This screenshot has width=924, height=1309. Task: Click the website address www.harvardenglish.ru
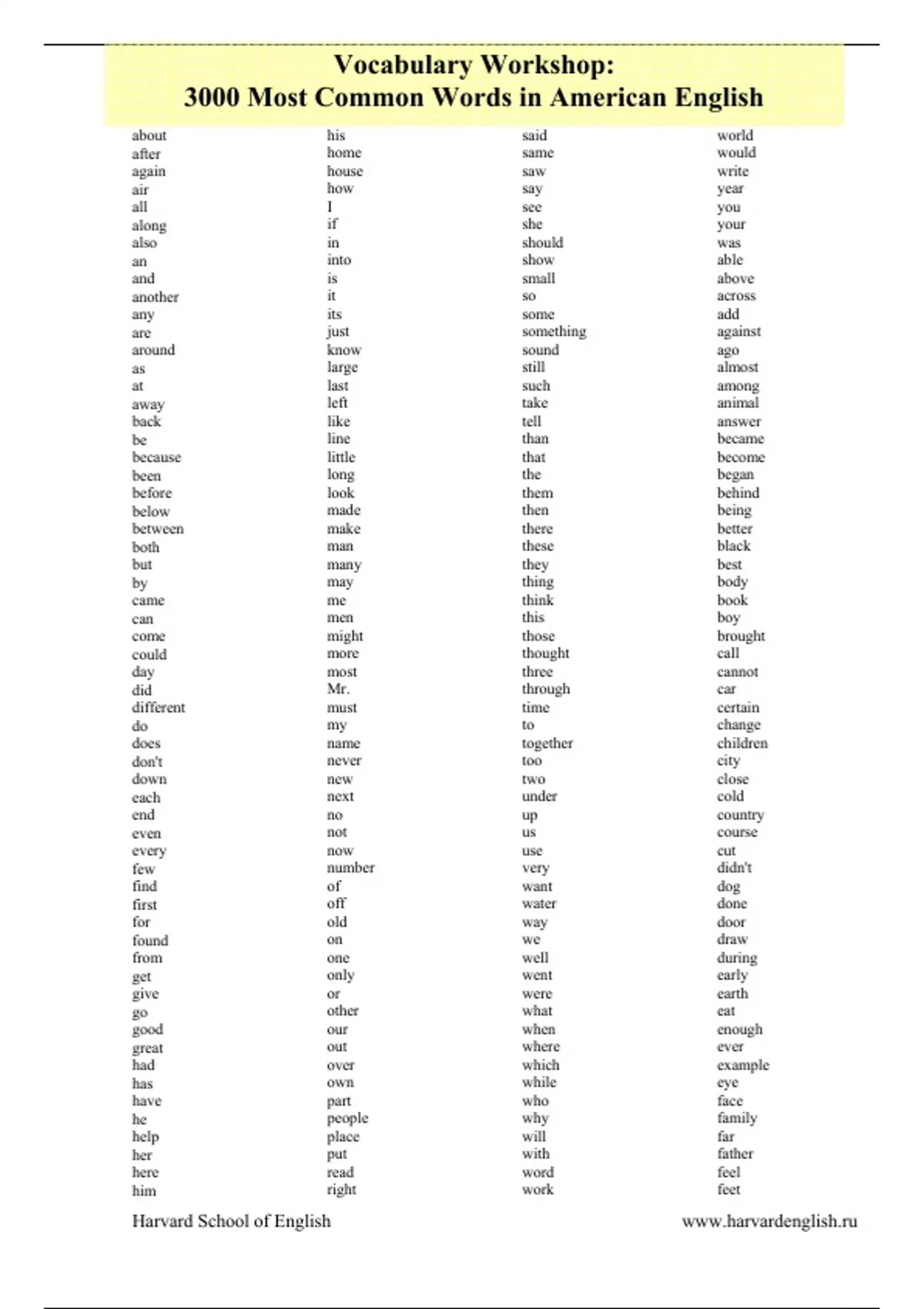coord(769,1221)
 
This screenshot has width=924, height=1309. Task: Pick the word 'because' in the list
coord(156,457)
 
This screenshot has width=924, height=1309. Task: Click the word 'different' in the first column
coord(158,708)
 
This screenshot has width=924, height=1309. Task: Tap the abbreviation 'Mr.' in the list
coord(338,689)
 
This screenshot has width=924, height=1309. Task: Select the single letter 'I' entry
coord(330,207)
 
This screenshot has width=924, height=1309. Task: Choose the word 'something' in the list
coord(554,332)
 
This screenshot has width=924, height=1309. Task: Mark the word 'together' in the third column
coord(547,744)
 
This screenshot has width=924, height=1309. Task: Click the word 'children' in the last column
coord(742,744)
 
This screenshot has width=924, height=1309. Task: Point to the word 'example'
coord(742,1066)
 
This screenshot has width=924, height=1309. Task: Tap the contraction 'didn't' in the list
coord(734,868)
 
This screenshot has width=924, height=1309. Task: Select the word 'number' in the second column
coord(350,868)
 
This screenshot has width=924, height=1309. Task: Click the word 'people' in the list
coord(347,1118)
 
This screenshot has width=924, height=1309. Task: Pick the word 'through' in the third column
coord(546,689)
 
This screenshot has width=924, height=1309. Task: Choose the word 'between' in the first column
coord(157,529)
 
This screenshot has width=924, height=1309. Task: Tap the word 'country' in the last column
coord(740,815)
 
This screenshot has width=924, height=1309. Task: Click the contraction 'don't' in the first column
coord(147,762)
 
